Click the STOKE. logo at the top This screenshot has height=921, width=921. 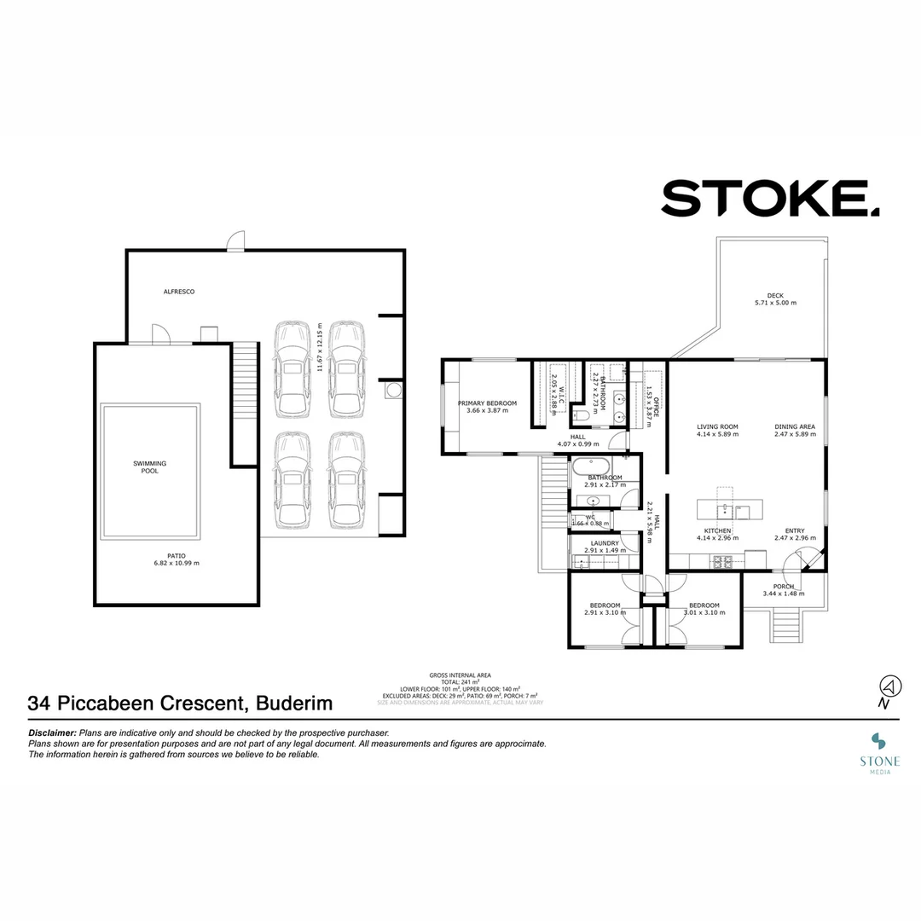click(x=769, y=199)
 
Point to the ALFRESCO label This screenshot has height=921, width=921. click(x=179, y=292)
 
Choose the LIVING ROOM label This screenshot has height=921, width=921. click(x=716, y=426)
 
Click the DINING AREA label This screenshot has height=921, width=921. click(x=795, y=426)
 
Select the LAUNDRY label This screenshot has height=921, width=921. click(x=605, y=542)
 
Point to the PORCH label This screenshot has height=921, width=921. click(x=783, y=586)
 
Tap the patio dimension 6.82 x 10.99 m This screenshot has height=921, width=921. click(x=176, y=563)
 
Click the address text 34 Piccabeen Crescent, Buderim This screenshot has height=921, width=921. click(x=180, y=704)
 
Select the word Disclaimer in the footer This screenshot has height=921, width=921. click(x=52, y=733)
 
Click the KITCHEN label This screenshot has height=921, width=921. click(x=716, y=530)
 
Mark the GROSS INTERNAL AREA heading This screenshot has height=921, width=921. click(x=460, y=675)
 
